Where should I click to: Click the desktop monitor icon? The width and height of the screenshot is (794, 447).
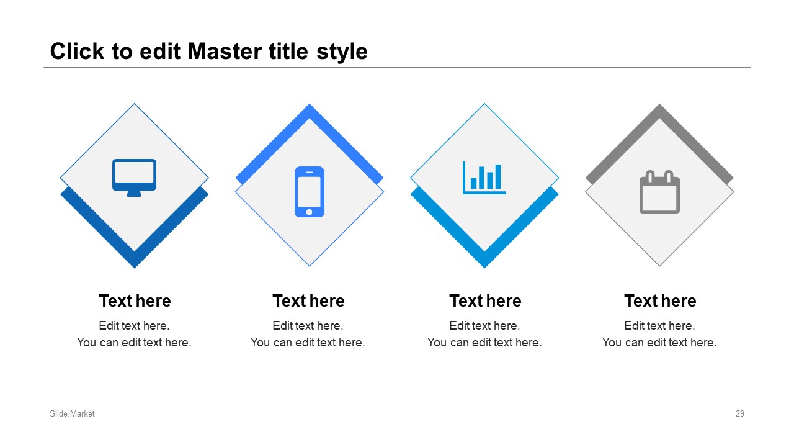[135, 178]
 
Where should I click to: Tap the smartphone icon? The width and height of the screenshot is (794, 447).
[310, 192]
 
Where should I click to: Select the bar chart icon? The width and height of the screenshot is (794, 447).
[484, 178]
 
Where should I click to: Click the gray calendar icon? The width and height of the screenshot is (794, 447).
[659, 192]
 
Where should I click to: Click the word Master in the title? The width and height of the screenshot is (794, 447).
[225, 52]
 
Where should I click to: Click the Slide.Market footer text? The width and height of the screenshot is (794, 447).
[72, 413]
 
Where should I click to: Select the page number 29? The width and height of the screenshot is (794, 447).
[740, 413]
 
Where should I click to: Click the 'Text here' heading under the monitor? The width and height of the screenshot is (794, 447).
[135, 301]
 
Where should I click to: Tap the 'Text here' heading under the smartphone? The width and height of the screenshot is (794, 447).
[309, 301]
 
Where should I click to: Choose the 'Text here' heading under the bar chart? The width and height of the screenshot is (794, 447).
[486, 301]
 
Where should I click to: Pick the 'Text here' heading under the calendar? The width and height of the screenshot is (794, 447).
[661, 301]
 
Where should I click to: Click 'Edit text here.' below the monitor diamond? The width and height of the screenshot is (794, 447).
[135, 326]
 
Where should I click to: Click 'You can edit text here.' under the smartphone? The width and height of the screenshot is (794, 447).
[308, 342]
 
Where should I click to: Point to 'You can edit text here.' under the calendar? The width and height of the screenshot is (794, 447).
[659, 342]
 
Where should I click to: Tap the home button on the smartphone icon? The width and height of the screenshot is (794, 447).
[309, 212]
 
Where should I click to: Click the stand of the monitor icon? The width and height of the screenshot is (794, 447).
[134, 194]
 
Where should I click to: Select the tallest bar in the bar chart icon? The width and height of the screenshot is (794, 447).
[498, 176]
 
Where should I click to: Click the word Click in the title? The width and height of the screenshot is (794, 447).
[77, 52]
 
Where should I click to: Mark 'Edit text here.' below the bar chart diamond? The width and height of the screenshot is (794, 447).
[484, 326]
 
